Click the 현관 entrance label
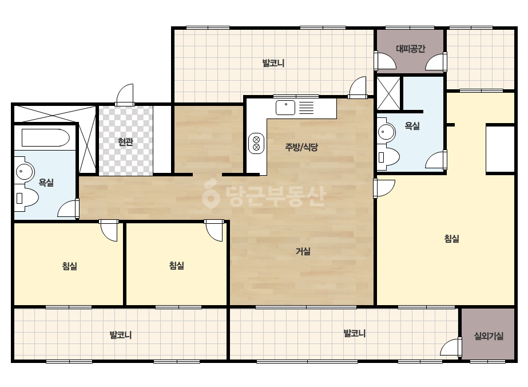(x=126, y=142)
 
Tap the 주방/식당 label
(x=301, y=147)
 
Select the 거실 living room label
(x=303, y=251)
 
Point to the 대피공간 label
(x=411, y=49)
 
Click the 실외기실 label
(x=489, y=335)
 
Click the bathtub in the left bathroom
(x=45, y=137)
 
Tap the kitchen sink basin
(x=285, y=108)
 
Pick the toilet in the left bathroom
(x=26, y=198)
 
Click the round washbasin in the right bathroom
(x=386, y=132)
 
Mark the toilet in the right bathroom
(x=388, y=157)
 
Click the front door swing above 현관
(x=125, y=94)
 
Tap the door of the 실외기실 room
(x=451, y=346)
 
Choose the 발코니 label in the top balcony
(x=273, y=63)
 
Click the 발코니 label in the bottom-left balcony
(x=121, y=335)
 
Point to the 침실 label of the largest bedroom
(x=452, y=239)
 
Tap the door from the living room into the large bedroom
(x=384, y=188)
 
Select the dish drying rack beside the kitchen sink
(x=307, y=108)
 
